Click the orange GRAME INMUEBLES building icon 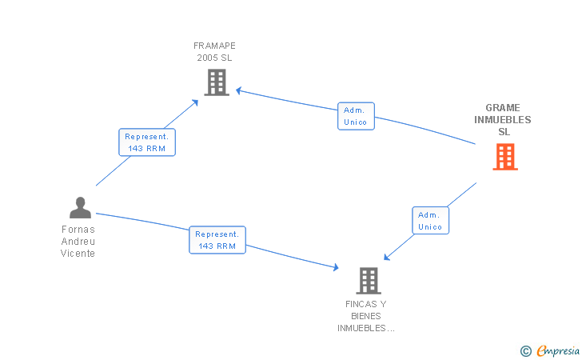[505, 157]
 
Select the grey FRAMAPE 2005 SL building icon [217, 82]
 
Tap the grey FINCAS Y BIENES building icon [369, 281]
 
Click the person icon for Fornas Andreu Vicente [80, 208]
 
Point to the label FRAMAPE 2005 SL [214, 52]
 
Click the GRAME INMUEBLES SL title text [503, 120]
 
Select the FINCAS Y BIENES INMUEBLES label [365, 316]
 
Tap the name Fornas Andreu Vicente [78, 242]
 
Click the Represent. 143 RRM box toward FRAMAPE [147, 142]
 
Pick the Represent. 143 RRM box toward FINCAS [217, 240]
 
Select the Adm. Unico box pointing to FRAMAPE [356, 116]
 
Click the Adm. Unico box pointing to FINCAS [431, 221]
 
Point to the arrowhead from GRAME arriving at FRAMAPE [239, 90]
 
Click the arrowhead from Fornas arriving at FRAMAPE [195, 102]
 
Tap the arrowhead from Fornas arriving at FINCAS [336, 267]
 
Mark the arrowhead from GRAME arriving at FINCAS [386, 257]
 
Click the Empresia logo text [558, 350]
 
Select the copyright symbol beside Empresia [525, 351]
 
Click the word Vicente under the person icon [78, 254]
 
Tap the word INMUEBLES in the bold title [503, 120]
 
